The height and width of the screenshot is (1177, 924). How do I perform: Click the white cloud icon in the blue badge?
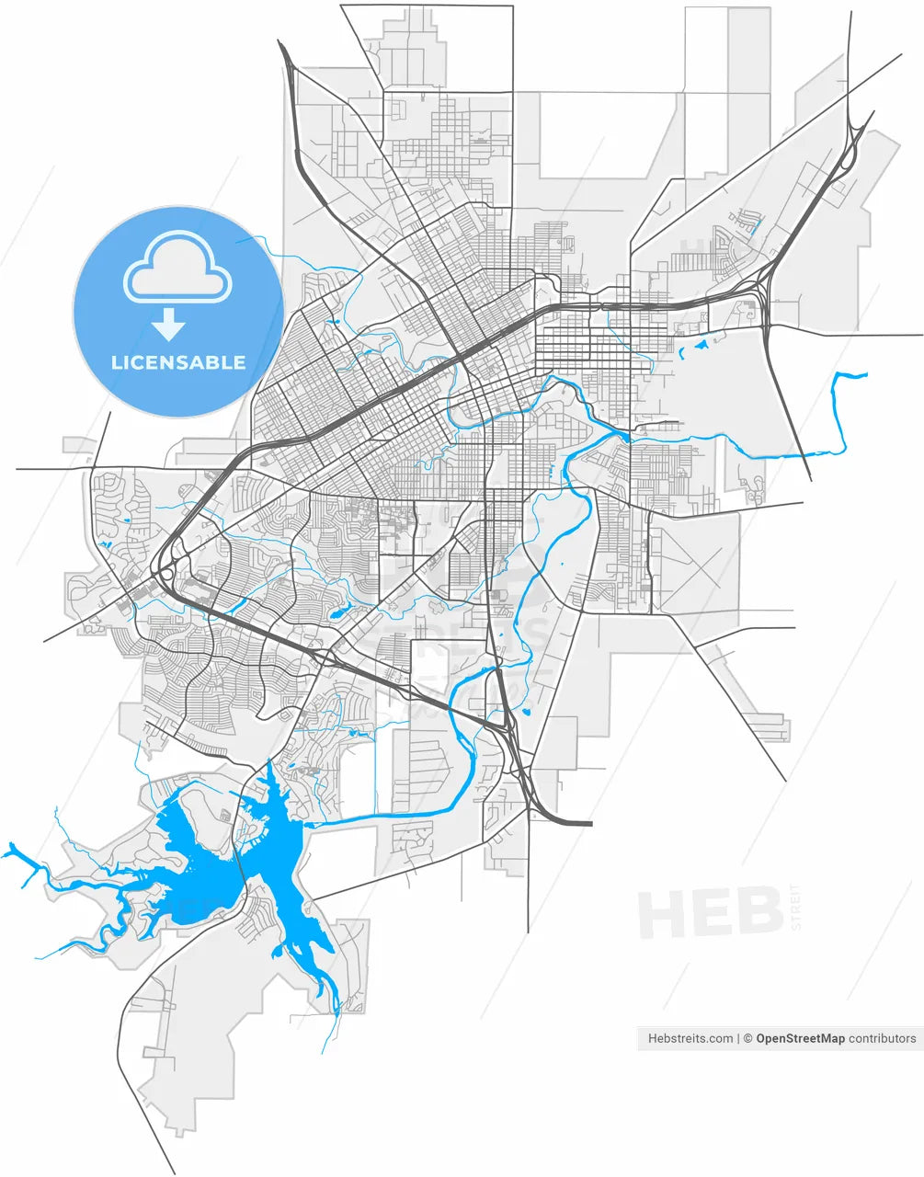[177, 268]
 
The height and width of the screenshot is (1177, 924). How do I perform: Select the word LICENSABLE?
[178, 362]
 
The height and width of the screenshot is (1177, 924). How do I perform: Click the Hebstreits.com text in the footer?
[690, 1038]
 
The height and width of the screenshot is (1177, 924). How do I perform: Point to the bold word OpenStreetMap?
[800, 1038]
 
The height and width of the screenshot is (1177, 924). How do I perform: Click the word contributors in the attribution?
[882, 1038]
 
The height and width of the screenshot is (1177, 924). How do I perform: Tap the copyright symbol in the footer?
[748, 1038]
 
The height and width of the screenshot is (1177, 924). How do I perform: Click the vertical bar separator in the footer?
[739, 1038]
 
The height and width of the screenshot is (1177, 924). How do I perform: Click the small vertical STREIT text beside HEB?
[796, 906]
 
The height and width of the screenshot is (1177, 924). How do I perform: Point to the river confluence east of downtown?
[626, 432]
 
